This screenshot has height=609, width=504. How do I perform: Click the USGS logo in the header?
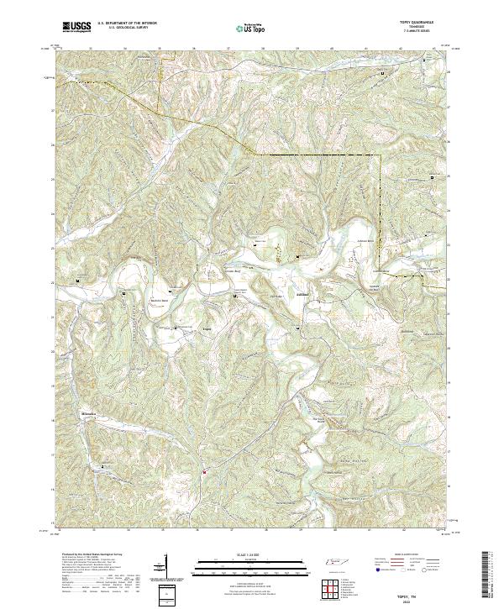(x=76, y=28)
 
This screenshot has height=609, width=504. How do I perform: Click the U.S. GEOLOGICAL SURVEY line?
(x=126, y=28)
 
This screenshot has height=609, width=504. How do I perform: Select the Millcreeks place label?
(x=90, y=415)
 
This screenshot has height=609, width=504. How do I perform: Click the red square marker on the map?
(x=204, y=471)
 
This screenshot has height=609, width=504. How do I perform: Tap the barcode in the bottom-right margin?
(x=491, y=575)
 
